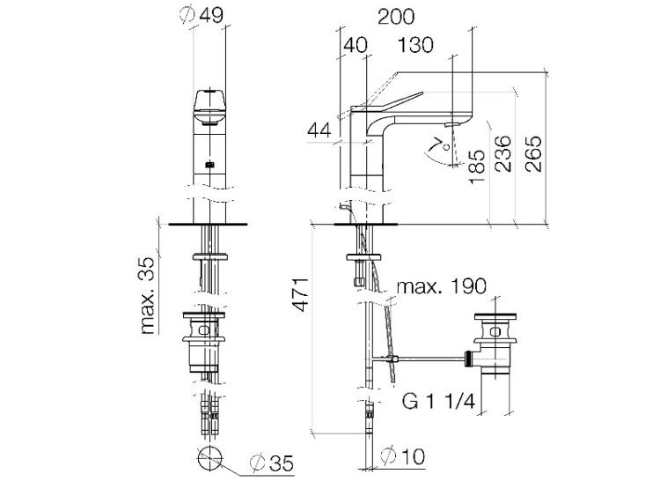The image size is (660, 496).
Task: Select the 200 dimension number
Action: (396, 17)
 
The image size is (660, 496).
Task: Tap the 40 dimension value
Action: (356, 45)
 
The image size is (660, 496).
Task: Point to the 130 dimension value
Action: (415, 45)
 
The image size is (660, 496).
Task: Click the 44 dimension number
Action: (319, 130)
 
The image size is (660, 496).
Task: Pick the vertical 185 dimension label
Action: (478, 167)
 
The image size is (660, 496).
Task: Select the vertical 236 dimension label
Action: (503, 153)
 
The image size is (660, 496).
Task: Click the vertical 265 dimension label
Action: (533, 153)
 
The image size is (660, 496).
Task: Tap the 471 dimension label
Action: (301, 294)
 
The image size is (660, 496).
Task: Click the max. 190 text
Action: (442, 286)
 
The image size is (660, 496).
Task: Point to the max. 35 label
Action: (147, 295)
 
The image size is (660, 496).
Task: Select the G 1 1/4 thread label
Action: (439, 401)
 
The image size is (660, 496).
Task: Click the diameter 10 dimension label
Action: (402, 456)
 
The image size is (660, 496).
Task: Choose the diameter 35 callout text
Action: (272, 463)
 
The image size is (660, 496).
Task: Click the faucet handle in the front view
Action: (209, 107)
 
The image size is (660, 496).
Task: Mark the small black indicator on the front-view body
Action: (210, 165)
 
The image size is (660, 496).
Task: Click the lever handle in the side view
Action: (387, 102)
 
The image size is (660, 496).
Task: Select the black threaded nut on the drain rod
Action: (467, 359)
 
